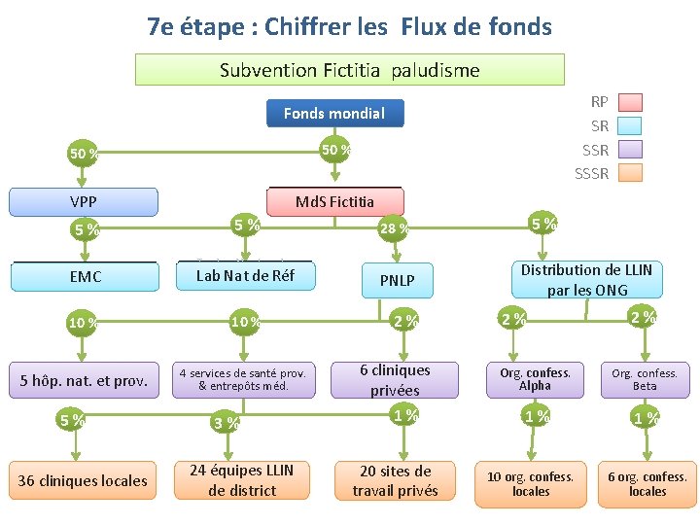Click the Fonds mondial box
tap(334, 114)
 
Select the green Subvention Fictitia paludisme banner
tap(349, 70)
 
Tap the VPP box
tap(83, 202)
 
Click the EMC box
tap(85, 277)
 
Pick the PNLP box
tap(397, 281)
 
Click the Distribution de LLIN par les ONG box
tap(586, 280)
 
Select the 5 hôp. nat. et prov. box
tap(84, 381)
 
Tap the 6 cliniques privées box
tap(395, 380)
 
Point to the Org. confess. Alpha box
tap(535, 380)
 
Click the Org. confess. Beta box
tap(645, 380)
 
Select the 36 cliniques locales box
tap(83, 480)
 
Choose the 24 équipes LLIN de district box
tap(242, 480)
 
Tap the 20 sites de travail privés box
tap(395, 480)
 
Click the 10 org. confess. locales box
tap(530, 483)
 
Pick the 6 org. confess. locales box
tap(647, 483)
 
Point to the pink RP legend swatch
tap(630, 102)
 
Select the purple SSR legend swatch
tap(630, 150)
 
